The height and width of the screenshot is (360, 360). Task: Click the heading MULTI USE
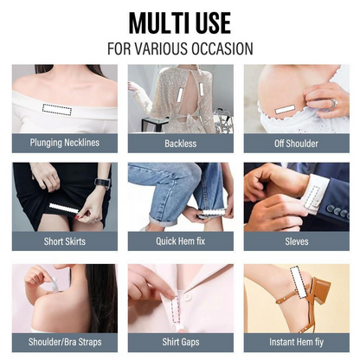coord(180,23)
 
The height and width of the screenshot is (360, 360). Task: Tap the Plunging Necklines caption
coord(65,143)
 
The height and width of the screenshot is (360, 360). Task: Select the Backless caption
coord(181,144)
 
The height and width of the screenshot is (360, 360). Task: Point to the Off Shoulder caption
coord(296,144)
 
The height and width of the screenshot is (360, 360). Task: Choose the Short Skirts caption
coord(65,241)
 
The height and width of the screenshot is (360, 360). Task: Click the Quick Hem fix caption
coord(181,241)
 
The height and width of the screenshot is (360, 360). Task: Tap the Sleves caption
coord(297,241)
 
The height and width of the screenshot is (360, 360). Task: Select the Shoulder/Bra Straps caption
coord(65,342)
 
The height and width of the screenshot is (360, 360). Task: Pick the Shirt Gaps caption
coord(181,342)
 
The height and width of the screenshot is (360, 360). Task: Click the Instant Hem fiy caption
coord(296,342)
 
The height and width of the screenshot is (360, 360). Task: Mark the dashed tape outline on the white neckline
coord(57,109)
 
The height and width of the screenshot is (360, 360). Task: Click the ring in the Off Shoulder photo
coord(334,103)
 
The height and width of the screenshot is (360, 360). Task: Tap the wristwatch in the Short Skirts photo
coord(102,183)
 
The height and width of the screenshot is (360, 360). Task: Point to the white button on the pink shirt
coord(189,297)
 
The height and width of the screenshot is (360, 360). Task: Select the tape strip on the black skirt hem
coord(64,209)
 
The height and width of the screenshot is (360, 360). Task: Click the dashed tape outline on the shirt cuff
coord(312,197)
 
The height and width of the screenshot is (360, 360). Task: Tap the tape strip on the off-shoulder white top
coord(285,109)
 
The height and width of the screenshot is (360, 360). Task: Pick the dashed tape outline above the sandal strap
coord(299,281)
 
